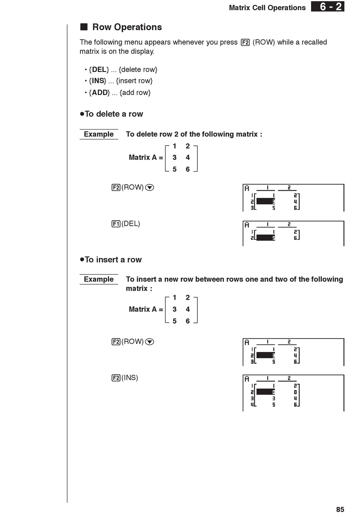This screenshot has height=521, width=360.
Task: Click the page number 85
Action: click(340, 510)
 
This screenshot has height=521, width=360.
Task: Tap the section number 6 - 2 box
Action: click(328, 7)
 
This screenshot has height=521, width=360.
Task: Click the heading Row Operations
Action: click(127, 27)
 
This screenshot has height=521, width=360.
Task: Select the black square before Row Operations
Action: click(84, 27)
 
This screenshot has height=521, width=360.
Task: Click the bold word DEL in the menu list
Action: click(99, 70)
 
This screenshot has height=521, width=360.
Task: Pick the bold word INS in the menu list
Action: click(98, 81)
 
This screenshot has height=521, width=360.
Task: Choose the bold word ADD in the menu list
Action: click(99, 93)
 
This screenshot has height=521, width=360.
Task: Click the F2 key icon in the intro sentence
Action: click(245, 42)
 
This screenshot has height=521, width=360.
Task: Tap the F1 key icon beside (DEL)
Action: click(116, 224)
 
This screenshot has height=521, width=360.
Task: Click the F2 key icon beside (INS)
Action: click(116, 378)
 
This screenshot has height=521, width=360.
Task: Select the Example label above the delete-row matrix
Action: click(99, 134)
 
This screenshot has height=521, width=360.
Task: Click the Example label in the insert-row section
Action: click(99, 279)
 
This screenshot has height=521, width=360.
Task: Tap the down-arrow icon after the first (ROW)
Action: click(150, 188)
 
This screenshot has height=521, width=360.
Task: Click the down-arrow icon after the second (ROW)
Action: click(150, 342)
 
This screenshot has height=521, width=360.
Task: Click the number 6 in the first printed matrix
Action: click(188, 169)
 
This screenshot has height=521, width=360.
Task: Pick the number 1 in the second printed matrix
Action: click(174, 298)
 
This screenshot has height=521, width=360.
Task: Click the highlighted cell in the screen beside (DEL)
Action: click(265, 238)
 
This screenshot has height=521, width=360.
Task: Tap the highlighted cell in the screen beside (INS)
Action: click(265, 392)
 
